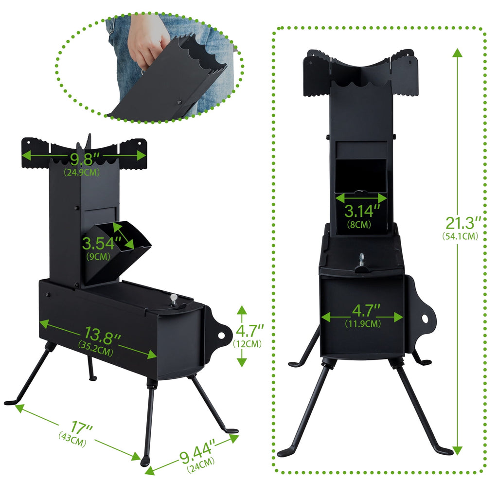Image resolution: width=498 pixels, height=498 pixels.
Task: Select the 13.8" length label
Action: [102, 336]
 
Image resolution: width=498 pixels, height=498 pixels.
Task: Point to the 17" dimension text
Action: [81, 427]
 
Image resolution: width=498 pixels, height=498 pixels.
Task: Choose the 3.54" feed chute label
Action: [102, 244]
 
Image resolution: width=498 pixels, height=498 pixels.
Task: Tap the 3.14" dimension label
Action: [362, 211]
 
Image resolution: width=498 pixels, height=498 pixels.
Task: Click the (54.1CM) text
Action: [460, 236]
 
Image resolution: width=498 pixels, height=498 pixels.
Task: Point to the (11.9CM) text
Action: [363, 323]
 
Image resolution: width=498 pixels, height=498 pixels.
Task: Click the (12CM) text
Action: [247, 344]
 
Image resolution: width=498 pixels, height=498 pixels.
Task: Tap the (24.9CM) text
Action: [82, 173]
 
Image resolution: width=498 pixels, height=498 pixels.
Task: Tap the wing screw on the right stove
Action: [361, 260]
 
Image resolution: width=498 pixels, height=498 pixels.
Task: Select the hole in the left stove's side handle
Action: [221, 336]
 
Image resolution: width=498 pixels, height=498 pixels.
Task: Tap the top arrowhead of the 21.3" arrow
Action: [457, 53]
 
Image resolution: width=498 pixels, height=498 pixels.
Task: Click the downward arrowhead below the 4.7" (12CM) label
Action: [242, 362]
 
